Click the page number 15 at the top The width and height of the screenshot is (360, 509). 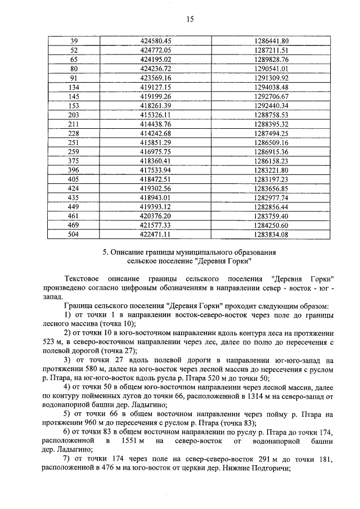tap(190, 19)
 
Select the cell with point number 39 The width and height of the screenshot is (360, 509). tap(74, 41)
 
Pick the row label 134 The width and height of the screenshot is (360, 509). tap(74, 87)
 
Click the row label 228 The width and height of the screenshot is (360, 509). tap(74, 133)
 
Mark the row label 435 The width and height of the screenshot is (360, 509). tap(74, 197)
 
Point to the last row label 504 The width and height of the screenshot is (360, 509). tap(74, 234)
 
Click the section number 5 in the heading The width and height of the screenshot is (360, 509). tap(105, 253)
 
